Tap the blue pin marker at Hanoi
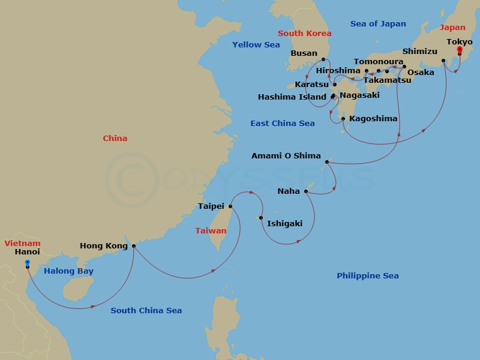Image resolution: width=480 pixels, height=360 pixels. tap(28, 262)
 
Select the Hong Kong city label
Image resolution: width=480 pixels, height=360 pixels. tap(104, 246)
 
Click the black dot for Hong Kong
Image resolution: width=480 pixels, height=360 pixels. tap(133, 245)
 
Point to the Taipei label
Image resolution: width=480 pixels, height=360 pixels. tap(211, 206)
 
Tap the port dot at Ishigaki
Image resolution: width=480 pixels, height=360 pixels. tap(261, 218)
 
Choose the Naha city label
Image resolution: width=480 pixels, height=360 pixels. tap(289, 192)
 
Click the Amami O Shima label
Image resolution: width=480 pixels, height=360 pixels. tap(286, 156)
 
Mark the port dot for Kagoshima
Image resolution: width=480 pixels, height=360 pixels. tap(343, 119)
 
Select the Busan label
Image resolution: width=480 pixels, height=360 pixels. tap(304, 53)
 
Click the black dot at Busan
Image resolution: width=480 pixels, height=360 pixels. tap(323, 59)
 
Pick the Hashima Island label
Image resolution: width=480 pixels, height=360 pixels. tap(292, 97)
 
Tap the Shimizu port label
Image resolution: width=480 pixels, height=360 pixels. tap(420, 52)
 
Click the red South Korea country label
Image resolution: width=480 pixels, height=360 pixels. tap(304, 34)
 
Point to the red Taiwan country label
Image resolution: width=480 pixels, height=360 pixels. tap(211, 231)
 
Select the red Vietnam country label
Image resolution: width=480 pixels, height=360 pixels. tap(22, 244)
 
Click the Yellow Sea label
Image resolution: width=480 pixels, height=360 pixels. tap(256, 45)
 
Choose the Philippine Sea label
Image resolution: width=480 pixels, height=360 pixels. tap(368, 276)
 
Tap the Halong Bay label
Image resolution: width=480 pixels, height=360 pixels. tap(68, 271)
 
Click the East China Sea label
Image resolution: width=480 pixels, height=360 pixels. tap(283, 124)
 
